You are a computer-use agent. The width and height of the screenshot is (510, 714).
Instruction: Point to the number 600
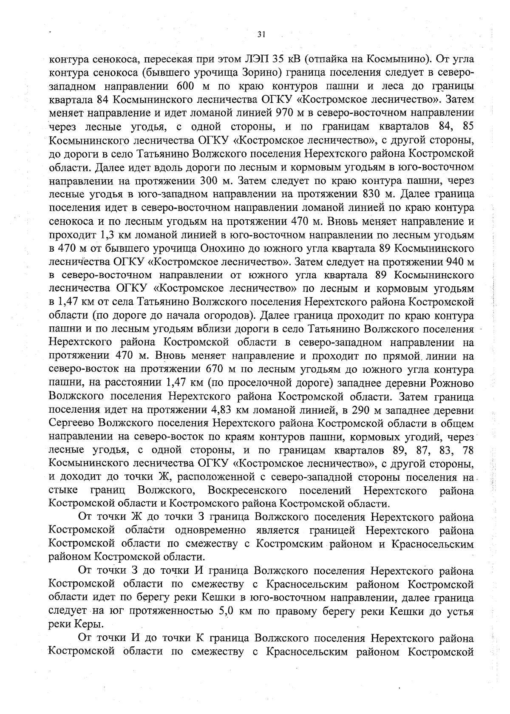183,86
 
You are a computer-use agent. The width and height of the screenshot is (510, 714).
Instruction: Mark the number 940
458,261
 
